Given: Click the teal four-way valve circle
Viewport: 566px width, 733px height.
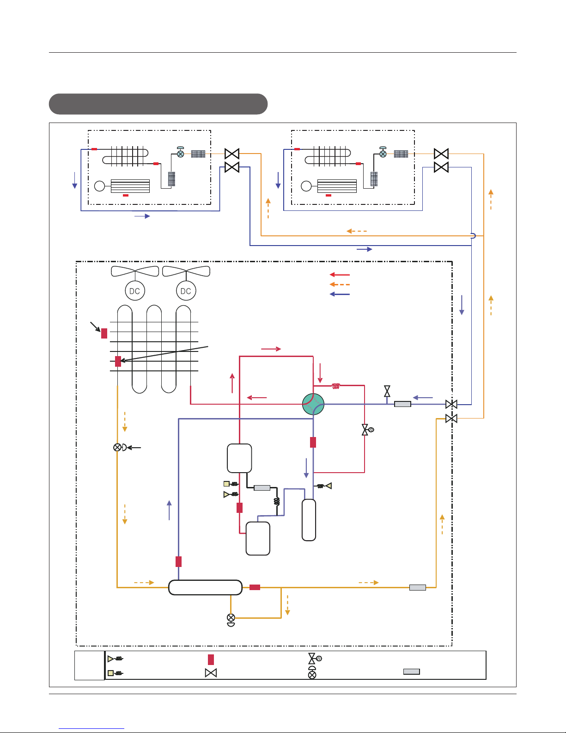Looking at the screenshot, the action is click(313, 404).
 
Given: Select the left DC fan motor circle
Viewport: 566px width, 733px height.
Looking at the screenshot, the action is click(135, 291).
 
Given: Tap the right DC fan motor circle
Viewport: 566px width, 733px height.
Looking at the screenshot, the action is click(186, 291).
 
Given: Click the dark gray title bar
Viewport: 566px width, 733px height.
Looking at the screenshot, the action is click(158, 104).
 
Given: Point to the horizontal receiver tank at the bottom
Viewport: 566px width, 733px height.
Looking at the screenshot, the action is click(205, 587).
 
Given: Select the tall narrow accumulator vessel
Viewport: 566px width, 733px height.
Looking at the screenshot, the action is click(309, 520).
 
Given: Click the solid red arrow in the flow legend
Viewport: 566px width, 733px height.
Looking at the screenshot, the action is click(340, 275).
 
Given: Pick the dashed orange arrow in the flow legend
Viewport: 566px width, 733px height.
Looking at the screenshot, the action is click(340, 284).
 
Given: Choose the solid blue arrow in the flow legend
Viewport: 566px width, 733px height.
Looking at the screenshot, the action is click(340, 294).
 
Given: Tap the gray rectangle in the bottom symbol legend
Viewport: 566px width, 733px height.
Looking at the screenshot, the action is click(411, 671).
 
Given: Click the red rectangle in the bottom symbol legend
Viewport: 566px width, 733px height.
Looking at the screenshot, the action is click(211, 659).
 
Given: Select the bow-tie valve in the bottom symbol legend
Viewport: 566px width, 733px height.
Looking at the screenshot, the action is click(211, 673).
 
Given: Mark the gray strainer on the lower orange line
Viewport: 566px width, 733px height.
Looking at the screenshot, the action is click(417, 587).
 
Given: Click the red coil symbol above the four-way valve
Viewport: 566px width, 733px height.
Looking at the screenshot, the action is click(336, 386).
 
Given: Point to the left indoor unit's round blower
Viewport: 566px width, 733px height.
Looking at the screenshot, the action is click(99, 186).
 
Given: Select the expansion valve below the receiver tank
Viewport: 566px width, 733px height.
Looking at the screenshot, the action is click(231, 620).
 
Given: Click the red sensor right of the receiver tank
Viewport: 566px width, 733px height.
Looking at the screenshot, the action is click(255, 587).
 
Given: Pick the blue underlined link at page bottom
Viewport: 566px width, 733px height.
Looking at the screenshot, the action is click(91, 728).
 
